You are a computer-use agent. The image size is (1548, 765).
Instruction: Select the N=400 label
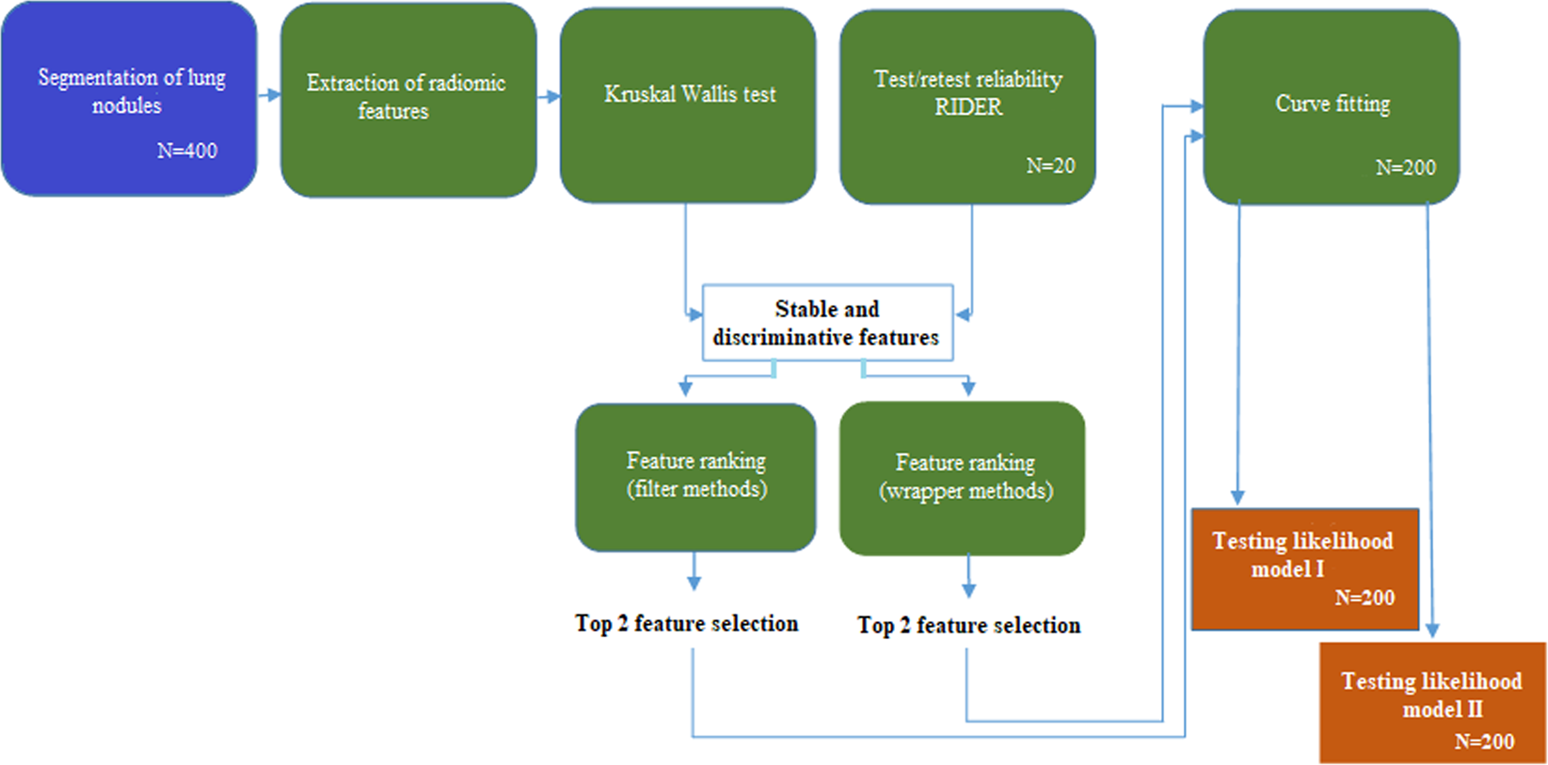point(186,151)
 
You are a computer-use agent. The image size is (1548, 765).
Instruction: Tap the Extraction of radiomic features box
point(407,98)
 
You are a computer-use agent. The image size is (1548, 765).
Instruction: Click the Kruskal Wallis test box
point(688,104)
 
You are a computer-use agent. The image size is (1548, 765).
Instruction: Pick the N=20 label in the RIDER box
point(1050,166)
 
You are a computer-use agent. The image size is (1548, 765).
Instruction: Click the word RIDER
point(968,107)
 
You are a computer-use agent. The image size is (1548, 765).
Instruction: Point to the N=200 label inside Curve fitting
point(1405,167)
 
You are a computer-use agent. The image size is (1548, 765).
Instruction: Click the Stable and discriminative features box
point(827,323)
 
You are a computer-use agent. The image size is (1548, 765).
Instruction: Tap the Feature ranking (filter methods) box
point(695,476)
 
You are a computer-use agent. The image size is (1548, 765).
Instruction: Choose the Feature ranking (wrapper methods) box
point(963,477)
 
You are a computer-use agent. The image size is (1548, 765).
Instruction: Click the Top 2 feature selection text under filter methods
point(686,623)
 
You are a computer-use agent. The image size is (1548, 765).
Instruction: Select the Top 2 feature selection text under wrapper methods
point(968,625)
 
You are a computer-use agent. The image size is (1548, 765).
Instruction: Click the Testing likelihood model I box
point(1304,567)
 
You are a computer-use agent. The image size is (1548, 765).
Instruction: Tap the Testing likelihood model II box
point(1431,702)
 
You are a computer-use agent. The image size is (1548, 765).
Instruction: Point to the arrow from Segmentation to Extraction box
point(270,95)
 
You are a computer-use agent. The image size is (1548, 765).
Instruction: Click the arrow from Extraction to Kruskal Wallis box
point(550,96)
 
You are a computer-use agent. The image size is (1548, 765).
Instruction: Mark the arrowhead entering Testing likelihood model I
point(1237,496)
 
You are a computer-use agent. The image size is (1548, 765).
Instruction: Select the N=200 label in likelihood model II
point(1484,741)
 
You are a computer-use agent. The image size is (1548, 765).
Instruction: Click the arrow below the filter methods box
point(694,572)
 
